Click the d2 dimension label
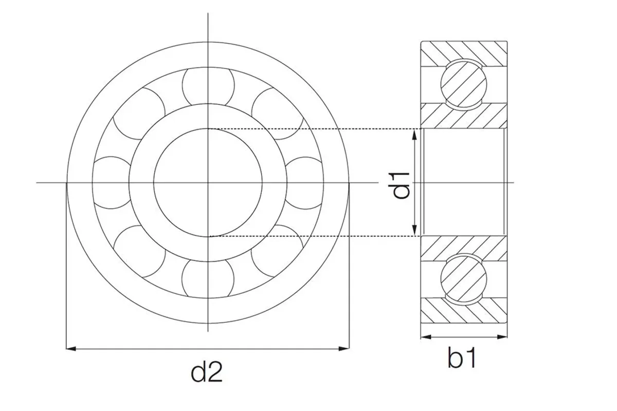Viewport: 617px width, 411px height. pos(207,372)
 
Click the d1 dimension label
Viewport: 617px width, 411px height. pos(402,185)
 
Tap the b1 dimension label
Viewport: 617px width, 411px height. pos(462,358)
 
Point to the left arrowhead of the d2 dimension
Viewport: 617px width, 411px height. pos(71,349)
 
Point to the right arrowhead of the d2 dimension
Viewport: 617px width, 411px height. pos(344,349)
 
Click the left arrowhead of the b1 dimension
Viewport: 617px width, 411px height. pos(426,337)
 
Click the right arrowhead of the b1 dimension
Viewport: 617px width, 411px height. pos(502,337)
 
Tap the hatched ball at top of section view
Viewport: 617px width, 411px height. pos(464,84)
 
